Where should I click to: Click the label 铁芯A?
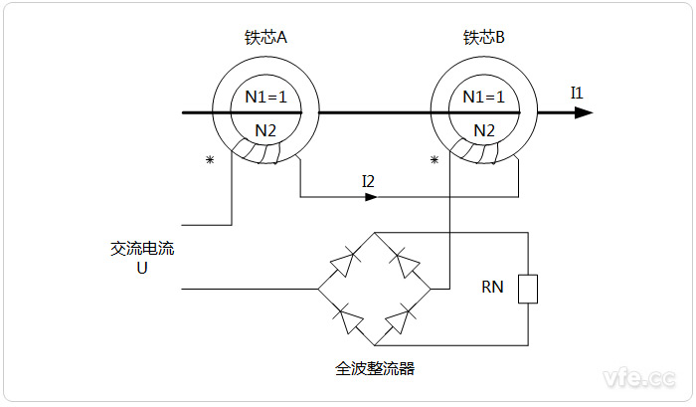pos(264,38)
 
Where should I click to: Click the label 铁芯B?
pos(484,38)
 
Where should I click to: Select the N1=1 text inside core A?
pos(265,98)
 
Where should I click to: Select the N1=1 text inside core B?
pos(484,98)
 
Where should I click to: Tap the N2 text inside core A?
pos(265,130)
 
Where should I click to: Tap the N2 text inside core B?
pos(484,130)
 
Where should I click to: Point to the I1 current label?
pos(577,93)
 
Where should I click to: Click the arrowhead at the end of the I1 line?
pos(585,112)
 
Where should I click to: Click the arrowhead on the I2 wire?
pos(371,197)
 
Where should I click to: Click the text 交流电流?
pos(142,248)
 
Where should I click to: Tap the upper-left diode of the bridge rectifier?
pos(343,262)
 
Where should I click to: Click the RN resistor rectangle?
pos(528,289)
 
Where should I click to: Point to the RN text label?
pos(492,289)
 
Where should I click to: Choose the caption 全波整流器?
pos(375,368)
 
